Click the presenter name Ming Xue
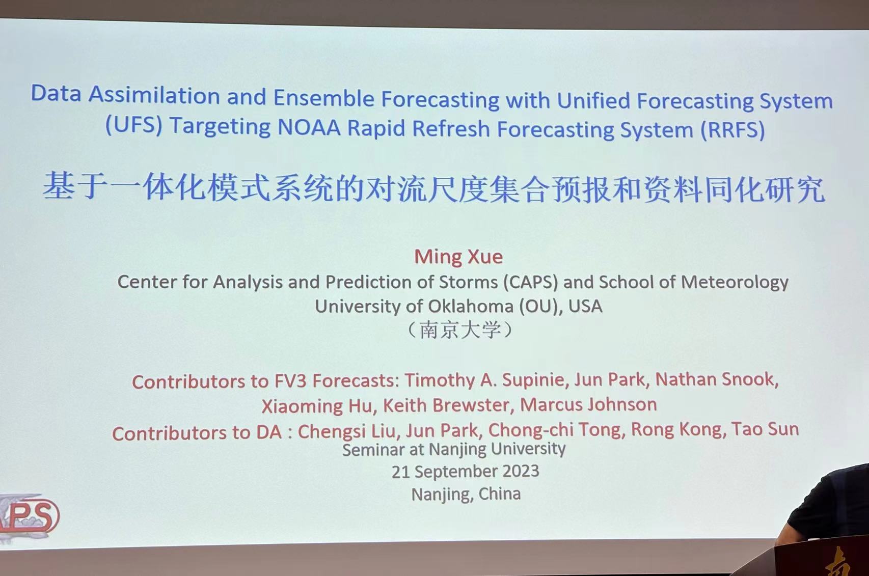[458, 256]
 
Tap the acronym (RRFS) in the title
[732, 129]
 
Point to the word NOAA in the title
[309, 127]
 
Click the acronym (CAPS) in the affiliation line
[530, 282]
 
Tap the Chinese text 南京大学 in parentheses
[460, 330]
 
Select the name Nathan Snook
[717, 379]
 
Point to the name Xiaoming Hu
[317, 406]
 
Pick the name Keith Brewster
[446, 405]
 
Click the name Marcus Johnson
[588, 404]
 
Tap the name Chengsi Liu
[346, 431]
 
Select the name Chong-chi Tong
[555, 430]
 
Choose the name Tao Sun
[765, 429]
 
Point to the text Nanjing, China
[466, 494]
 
